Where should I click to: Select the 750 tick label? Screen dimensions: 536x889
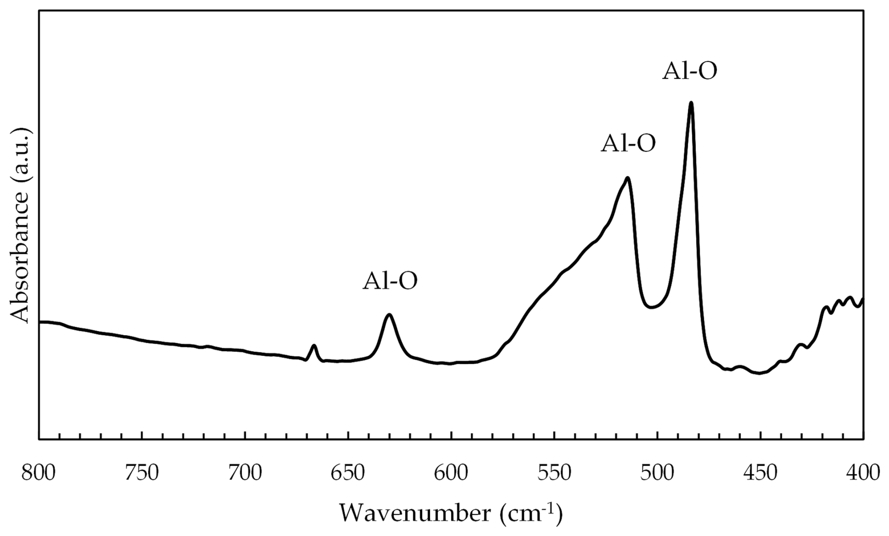pos(142,472)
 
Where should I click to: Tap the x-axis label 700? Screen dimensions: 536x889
pos(245,472)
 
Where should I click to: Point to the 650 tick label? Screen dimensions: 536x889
pos(348,472)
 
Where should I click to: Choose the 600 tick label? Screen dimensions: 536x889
pos(451,472)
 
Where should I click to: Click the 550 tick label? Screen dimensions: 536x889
pos(554,472)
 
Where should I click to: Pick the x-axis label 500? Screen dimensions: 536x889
pos(657,472)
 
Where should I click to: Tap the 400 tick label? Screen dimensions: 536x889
pos(863,472)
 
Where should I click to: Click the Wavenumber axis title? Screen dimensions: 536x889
pos(451,513)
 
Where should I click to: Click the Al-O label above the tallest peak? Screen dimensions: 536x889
pos(690,72)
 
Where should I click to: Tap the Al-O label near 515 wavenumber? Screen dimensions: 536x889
pos(628,144)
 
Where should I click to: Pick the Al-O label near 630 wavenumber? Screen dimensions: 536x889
pos(390,281)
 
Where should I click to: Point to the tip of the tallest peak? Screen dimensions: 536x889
pos(691,103)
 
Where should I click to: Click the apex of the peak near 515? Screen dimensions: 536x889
pos(627,178)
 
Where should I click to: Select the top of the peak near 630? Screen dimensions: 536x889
pos(389,314)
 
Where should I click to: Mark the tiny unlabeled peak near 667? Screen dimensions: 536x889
pos(314,346)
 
